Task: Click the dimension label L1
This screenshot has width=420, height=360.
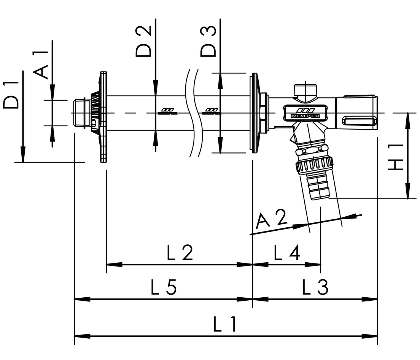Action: click(225, 325)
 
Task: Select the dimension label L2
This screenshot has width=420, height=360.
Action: click(180, 253)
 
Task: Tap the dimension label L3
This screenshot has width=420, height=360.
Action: click(315, 288)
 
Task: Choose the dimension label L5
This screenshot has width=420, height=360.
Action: click(164, 288)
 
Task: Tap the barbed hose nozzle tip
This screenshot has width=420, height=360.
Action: click(319, 188)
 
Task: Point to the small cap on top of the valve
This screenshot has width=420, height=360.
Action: click(305, 91)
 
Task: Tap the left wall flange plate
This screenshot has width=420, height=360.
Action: click(103, 117)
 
